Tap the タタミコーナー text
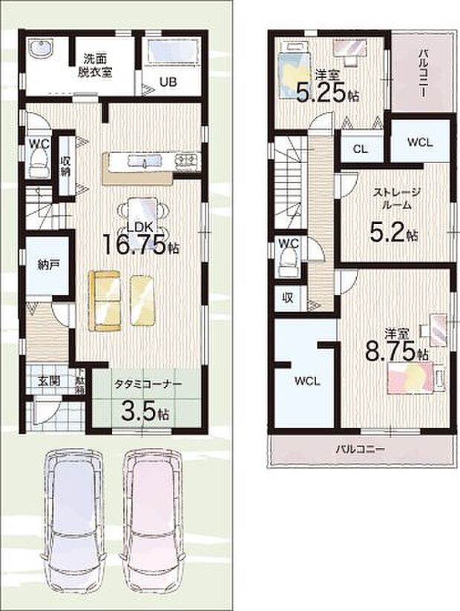point(147,383)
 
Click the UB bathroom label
point(169,82)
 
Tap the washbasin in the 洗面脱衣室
point(42,50)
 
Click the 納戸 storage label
point(47,265)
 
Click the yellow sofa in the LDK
point(104,300)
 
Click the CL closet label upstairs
point(360,148)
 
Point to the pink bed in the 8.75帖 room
point(410,386)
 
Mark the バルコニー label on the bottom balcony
point(359,449)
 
